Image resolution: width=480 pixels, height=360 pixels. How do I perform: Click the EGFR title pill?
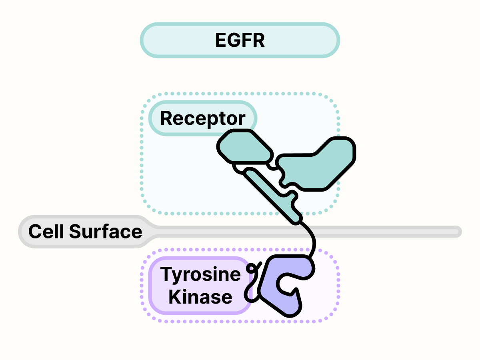240,40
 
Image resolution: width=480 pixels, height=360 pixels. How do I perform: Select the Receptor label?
202,118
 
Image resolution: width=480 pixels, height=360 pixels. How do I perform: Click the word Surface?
106,232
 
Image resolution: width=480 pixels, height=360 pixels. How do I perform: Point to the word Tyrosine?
200,274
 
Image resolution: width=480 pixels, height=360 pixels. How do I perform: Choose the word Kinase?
200,297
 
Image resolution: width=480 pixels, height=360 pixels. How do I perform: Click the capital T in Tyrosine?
166,274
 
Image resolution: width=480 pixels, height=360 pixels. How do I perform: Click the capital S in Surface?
75,232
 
